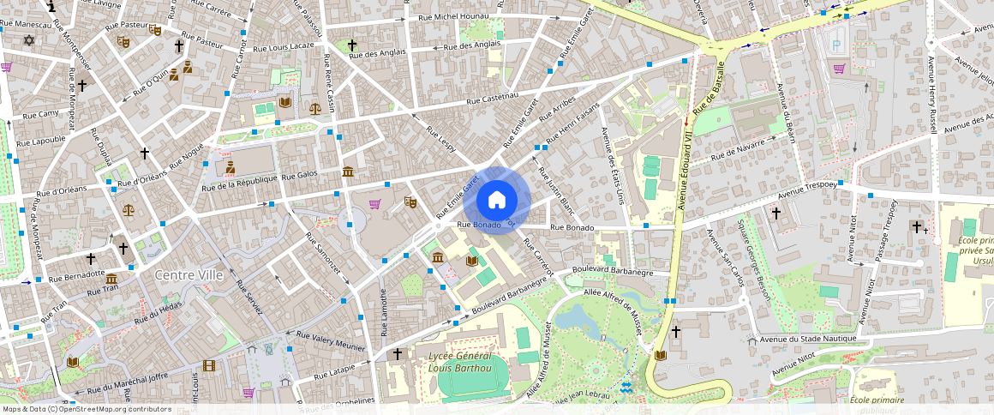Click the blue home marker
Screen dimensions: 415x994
[497, 201]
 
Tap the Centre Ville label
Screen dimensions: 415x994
[189, 275]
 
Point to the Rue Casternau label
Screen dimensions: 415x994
[493, 99]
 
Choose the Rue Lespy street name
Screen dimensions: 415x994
[440, 142]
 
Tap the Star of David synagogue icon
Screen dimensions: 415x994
[28, 40]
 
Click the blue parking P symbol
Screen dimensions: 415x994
[837, 42]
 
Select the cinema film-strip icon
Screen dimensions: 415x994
[209, 365]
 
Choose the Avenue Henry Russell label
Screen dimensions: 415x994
[931, 94]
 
